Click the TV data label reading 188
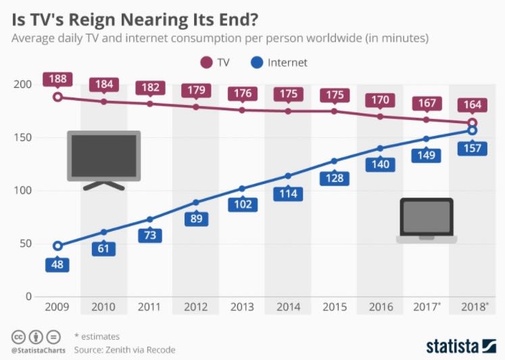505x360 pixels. (x=57, y=79)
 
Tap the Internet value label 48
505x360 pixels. (x=57, y=264)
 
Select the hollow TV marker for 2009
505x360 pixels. (x=57, y=97)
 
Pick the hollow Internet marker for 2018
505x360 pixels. (x=473, y=130)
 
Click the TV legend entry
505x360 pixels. (x=215, y=62)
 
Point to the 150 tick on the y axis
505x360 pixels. (x=23, y=137)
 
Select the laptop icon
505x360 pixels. (x=427, y=221)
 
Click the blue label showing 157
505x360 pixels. (x=473, y=148)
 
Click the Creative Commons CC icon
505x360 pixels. (x=18, y=336)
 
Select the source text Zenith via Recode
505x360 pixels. (x=141, y=349)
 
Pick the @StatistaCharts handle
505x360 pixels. (x=38, y=350)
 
